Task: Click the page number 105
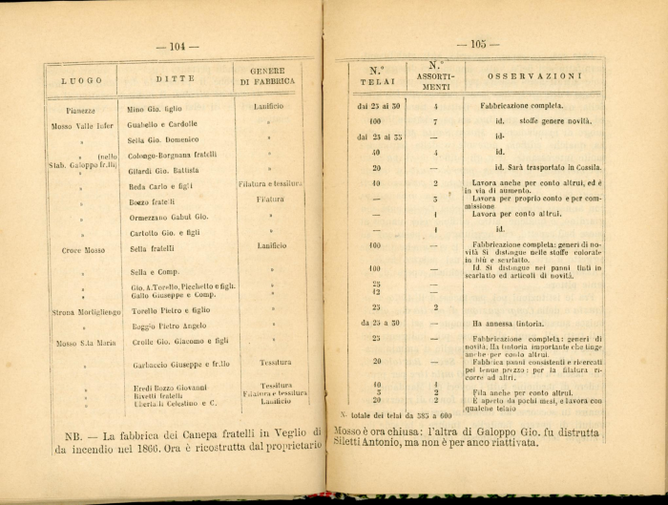click(478, 44)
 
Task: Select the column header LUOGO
click(81, 80)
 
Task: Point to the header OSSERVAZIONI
click(535, 75)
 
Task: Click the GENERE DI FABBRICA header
click(267, 76)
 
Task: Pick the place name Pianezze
click(73, 111)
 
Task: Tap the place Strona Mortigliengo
click(86, 311)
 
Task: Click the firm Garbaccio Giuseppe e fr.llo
click(177, 365)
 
